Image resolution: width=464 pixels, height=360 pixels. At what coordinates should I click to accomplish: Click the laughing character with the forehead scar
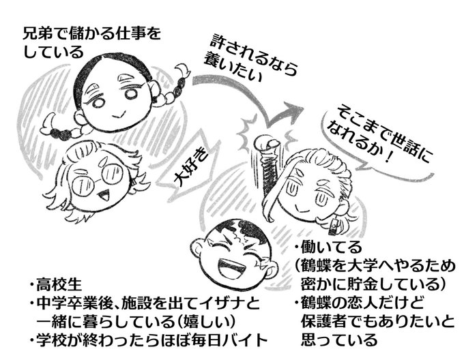pos(231,253)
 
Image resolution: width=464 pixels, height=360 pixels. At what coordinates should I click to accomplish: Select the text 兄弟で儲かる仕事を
pos(93,33)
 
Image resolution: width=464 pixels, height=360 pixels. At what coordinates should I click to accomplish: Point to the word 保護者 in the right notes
pos(321,320)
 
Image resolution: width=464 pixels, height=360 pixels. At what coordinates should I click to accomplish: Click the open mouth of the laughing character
pos(232,263)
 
